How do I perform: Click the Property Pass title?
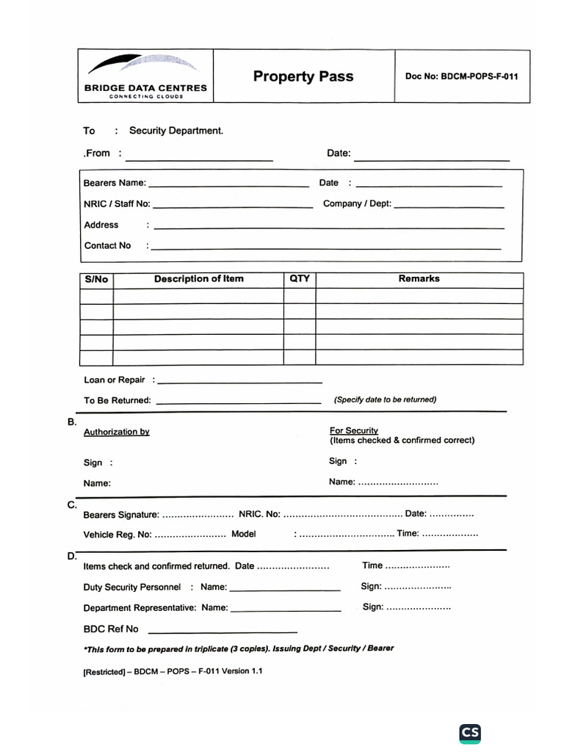303,76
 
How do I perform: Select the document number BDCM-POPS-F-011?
462,76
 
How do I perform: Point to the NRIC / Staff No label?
117,204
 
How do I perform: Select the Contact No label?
107,245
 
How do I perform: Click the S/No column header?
96,279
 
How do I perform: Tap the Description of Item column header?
198,279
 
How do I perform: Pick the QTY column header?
300,279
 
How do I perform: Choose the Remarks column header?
419,279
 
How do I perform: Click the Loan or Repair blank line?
239,383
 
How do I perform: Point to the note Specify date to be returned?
385,399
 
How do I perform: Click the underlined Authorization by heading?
116,432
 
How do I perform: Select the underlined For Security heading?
354,430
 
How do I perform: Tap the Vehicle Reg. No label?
117,535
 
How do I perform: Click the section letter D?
72,557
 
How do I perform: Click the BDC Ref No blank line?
223,632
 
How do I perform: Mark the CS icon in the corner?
470,733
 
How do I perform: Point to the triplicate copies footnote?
239,649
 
